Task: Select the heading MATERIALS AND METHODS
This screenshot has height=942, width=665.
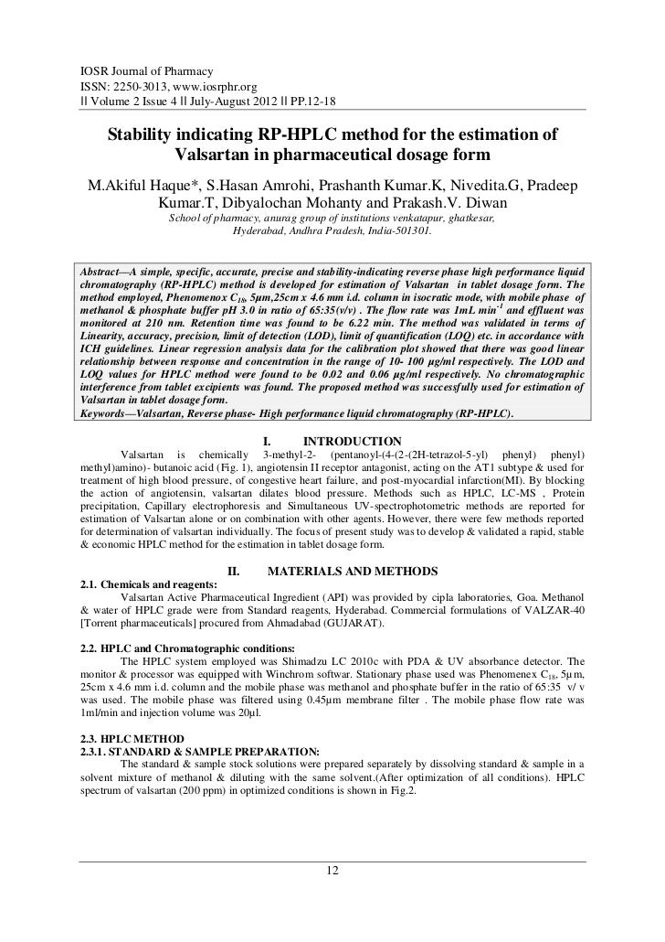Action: (352, 572)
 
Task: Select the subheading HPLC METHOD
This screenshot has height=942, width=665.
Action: (147, 738)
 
